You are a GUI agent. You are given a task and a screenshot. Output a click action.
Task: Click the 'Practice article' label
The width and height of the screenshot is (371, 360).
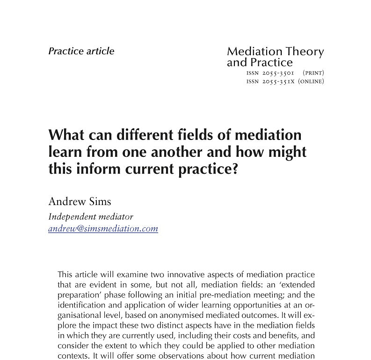(x=81, y=51)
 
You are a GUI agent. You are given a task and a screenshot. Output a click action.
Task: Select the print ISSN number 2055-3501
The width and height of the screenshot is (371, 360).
(x=278, y=73)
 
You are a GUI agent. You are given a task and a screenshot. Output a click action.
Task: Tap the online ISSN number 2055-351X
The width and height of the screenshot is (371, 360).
(x=278, y=81)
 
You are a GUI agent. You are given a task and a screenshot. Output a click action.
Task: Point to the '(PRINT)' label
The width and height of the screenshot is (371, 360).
(x=313, y=73)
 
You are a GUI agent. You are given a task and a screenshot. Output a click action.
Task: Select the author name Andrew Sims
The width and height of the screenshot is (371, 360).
(x=80, y=202)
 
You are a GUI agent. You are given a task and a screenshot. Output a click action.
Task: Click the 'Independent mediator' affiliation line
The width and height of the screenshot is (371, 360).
(x=91, y=217)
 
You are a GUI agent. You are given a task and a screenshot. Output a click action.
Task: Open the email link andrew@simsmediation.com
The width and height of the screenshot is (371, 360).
(x=103, y=229)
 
